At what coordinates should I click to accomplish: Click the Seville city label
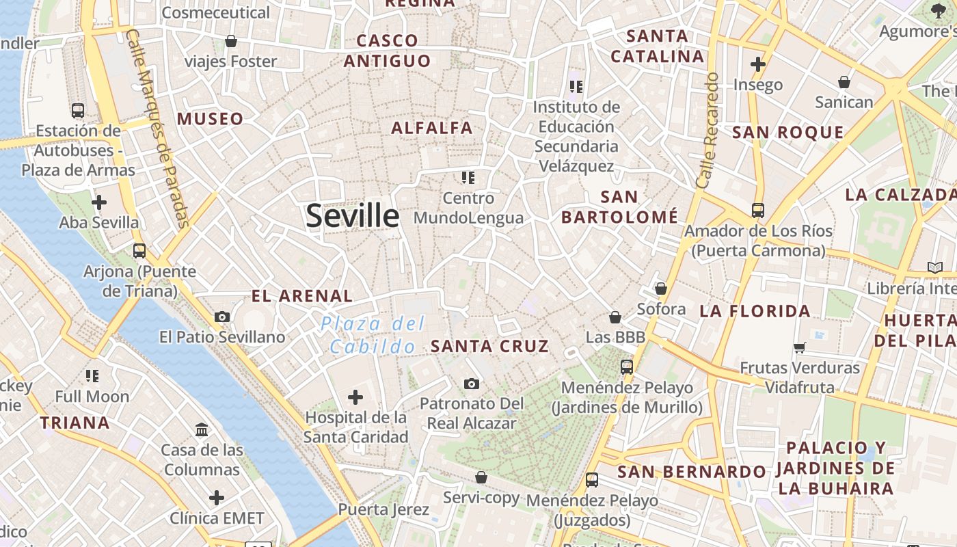coord(352,216)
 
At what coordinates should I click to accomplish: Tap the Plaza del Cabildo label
coord(373,335)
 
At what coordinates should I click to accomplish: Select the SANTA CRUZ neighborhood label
coord(489,346)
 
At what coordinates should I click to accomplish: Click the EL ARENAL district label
coord(302,296)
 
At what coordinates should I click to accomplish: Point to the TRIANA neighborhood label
coord(75,423)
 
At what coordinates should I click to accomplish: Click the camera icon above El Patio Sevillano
coord(222,317)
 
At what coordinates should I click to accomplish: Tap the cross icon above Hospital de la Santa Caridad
coord(355,397)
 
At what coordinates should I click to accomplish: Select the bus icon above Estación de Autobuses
coord(78,110)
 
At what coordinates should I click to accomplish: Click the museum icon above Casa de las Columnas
coord(202,430)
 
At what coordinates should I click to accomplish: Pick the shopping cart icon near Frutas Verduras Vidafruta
coord(800,347)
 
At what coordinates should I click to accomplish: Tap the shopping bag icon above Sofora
coord(660,289)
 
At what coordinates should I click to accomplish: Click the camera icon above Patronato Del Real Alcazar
coord(471,384)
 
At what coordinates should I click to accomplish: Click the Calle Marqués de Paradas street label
coord(157,128)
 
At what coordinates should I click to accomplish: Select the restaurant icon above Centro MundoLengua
coord(468,178)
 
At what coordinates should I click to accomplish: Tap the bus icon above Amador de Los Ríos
coord(758,211)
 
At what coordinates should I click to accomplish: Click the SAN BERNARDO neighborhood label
coord(692,472)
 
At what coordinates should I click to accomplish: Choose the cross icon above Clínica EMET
coord(216,497)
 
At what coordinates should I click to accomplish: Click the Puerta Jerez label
coord(383,509)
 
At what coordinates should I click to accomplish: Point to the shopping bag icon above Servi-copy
coord(481,477)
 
